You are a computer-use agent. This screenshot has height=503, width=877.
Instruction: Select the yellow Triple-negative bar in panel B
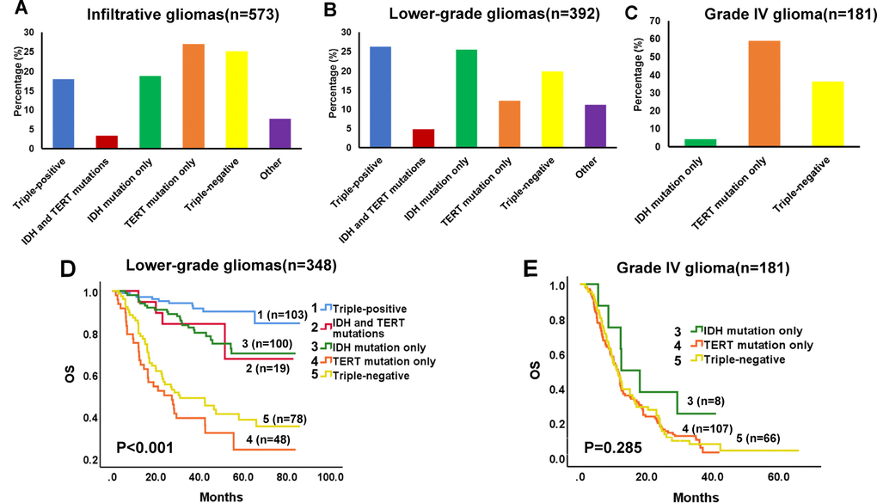click(529, 109)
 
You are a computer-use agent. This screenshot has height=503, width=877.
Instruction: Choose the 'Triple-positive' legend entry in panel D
click(374, 309)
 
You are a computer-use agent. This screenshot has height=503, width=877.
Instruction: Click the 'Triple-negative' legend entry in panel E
click(743, 359)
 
